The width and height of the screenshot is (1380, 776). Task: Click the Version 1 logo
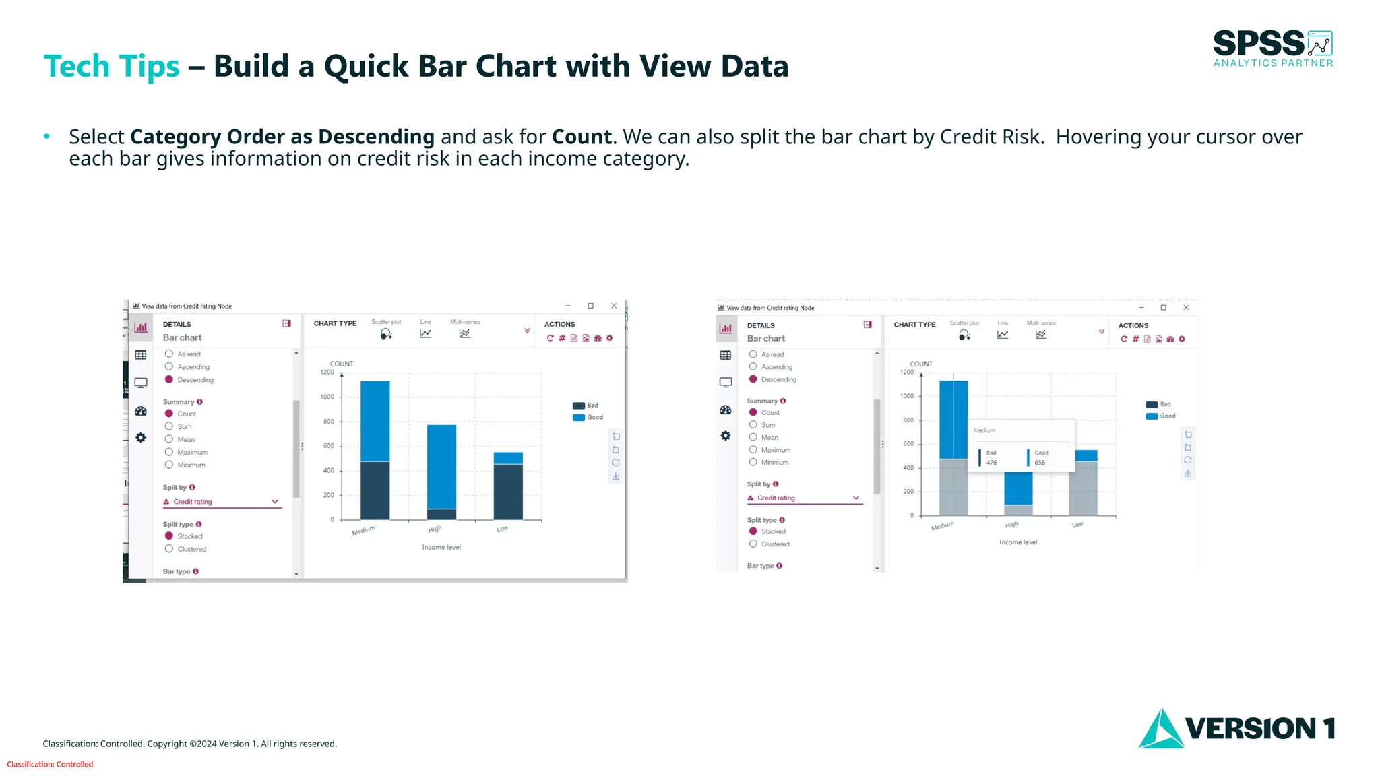(1237, 728)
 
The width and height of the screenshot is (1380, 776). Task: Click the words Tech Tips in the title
(111, 66)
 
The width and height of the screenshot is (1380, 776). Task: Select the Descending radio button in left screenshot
(169, 379)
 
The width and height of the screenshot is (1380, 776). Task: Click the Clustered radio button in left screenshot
(169, 548)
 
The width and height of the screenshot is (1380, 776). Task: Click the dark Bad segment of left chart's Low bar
(508, 492)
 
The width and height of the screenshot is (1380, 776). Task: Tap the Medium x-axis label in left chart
(363, 531)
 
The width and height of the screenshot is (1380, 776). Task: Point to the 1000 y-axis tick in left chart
(327, 397)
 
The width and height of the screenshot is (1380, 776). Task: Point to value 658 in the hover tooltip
(1040, 463)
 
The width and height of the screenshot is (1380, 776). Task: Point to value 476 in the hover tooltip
(991, 463)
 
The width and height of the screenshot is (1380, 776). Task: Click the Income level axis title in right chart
(1017, 542)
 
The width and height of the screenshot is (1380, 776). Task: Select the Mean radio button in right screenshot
(753, 437)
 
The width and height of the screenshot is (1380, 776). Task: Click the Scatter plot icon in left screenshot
(385, 333)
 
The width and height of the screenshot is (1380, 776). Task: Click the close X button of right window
(1186, 308)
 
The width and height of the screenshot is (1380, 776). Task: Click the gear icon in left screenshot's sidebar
(141, 438)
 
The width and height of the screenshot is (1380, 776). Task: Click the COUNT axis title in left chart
(341, 364)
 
